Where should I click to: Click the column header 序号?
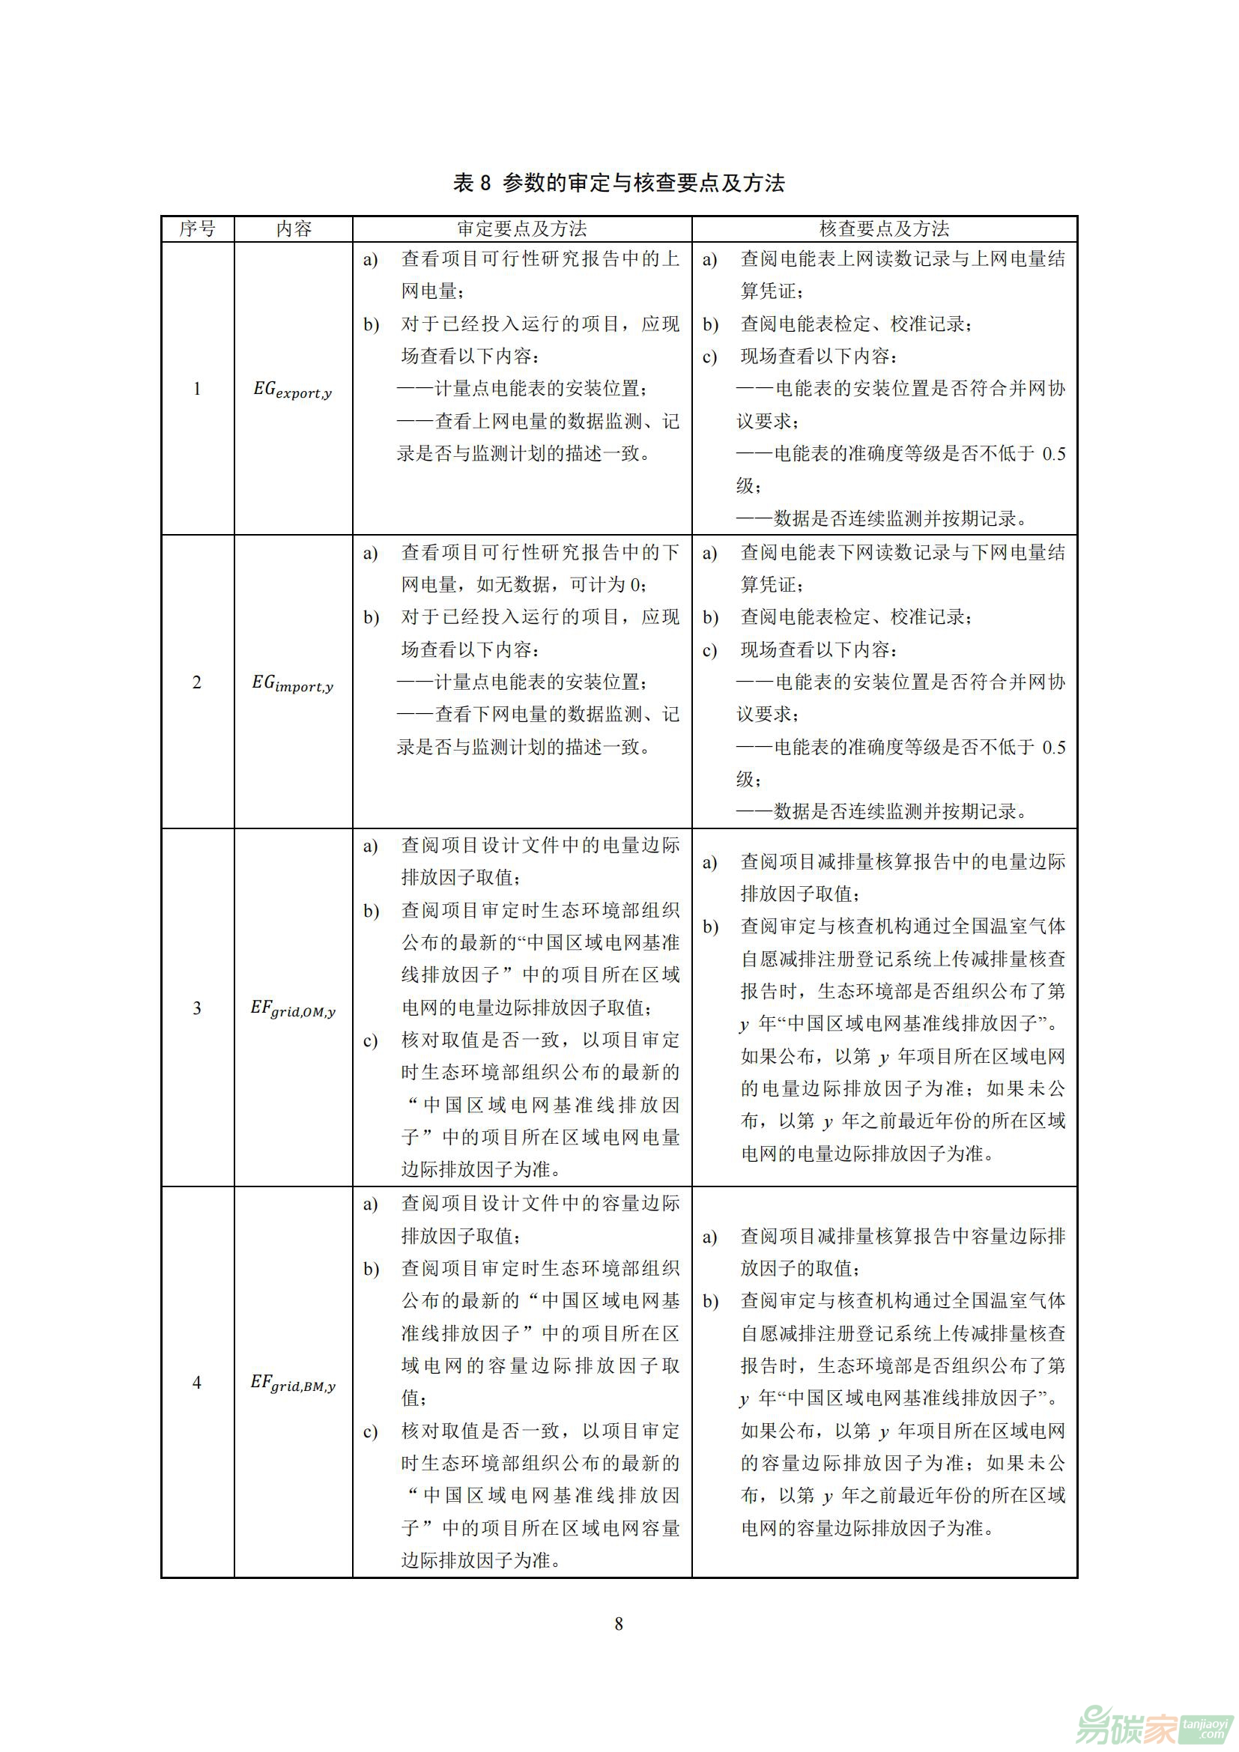pos(198,229)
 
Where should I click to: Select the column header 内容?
pos(294,229)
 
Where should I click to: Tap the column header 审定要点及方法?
pos(522,229)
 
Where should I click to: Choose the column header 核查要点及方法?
pos(884,229)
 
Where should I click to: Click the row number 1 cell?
pos(197,389)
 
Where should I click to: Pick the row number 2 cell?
pos(197,682)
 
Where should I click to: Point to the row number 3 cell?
pos(197,1008)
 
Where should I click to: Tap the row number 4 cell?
pos(197,1382)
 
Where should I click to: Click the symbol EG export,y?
pos(293,391)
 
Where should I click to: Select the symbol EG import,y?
pos(293,684)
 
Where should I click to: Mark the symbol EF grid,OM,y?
pos(293,1010)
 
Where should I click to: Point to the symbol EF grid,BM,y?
pos(293,1383)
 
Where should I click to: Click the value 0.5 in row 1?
pos(1054,455)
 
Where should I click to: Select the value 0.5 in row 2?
pos(1054,748)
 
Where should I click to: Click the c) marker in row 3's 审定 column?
pos(371,1042)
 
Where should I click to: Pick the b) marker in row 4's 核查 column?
pos(710,1302)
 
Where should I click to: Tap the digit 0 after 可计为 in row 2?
pos(635,585)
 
